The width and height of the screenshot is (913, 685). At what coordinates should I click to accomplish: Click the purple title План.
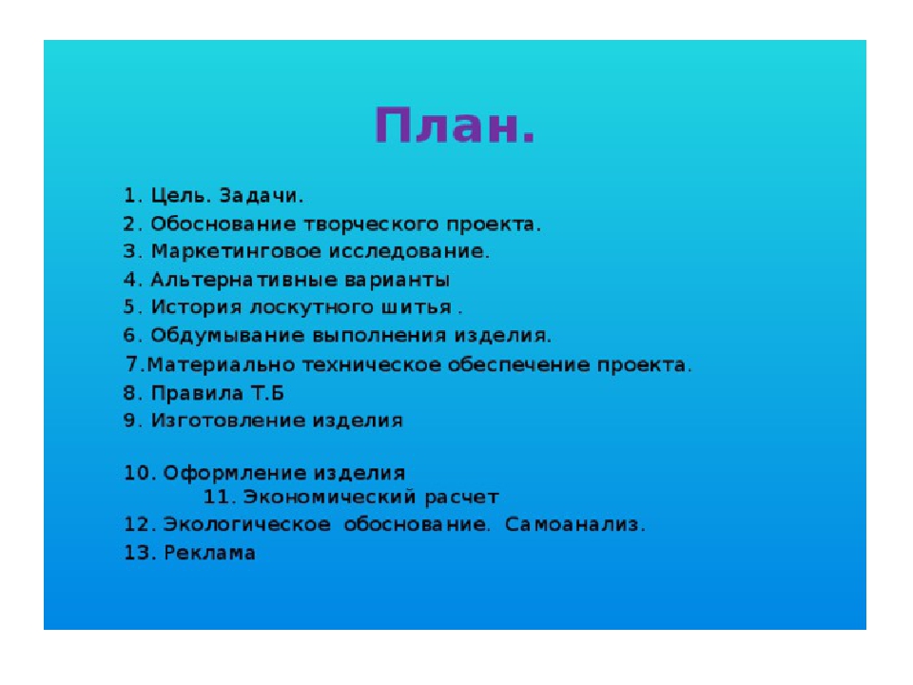click(x=455, y=126)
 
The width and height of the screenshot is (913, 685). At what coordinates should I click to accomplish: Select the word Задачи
click(x=262, y=196)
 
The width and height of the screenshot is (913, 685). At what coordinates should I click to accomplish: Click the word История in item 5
click(x=196, y=307)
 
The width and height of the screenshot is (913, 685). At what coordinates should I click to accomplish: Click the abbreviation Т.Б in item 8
click(x=267, y=393)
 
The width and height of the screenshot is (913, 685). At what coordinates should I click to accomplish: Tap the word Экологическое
click(x=247, y=525)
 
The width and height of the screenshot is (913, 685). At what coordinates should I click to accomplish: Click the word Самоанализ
click(x=575, y=525)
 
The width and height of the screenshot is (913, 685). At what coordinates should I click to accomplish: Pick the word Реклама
click(x=209, y=553)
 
